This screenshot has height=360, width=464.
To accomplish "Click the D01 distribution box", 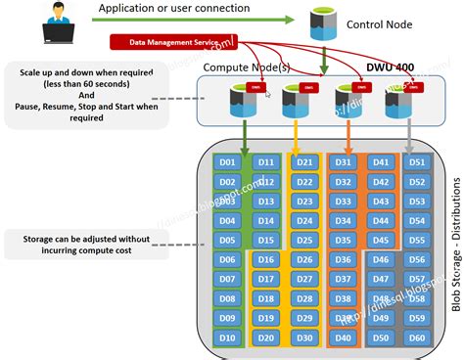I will click(x=227, y=161).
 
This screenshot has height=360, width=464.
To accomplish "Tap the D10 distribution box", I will click(x=227, y=338).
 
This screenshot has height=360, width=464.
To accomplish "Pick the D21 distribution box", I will click(x=303, y=161).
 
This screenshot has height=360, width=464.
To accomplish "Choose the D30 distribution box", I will click(x=303, y=338).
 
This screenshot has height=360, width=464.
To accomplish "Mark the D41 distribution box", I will click(x=379, y=161).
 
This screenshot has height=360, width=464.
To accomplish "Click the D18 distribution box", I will click(x=264, y=299).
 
